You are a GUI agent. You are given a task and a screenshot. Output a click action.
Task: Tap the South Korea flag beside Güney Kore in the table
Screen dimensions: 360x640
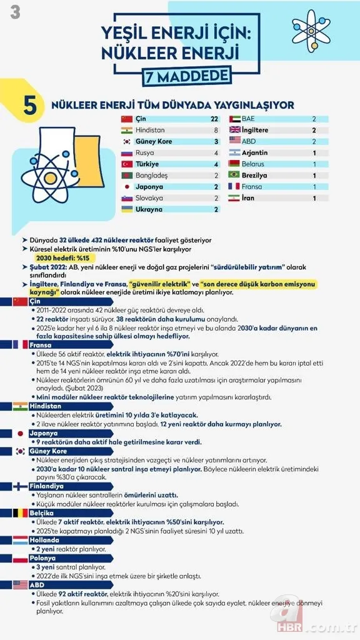(x=127, y=142)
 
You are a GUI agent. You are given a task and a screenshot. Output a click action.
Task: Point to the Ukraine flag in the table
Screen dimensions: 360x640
(x=127, y=209)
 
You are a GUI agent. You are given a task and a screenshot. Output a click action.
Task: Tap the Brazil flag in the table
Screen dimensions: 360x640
(x=236, y=176)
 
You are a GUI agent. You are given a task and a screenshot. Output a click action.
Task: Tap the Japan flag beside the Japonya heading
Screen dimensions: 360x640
(x=20, y=434)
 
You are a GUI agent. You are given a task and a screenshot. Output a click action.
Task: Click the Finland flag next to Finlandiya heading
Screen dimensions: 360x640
(x=20, y=486)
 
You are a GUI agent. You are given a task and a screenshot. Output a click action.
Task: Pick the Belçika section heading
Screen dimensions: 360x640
(x=42, y=513)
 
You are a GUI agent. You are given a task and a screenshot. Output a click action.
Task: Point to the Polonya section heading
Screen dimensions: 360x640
(x=43, y=558)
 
